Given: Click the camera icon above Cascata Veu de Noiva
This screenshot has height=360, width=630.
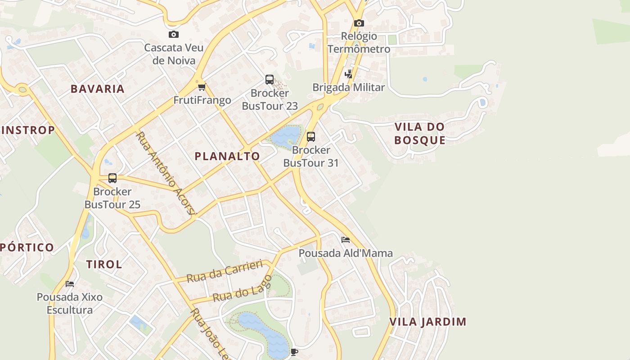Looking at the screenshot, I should pyautogui.click(x=173, y=34).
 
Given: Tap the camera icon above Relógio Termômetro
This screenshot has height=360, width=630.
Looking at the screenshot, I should pyautogui.click(x=359, y=23).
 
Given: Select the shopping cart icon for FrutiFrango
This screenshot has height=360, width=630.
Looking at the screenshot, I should pyautogui.click(x=202, y=87).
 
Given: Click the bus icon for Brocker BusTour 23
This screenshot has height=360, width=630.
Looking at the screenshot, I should pyautogui.click(x=270, y=80).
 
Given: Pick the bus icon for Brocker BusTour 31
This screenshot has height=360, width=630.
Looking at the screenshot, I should pyautogui.click(x=310, y=136).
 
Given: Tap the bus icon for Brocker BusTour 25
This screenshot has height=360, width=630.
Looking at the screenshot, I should pyautogui.click(x=112, y=178).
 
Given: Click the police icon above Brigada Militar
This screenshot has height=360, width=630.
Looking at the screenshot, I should pyautogui.click(x=348, y=74).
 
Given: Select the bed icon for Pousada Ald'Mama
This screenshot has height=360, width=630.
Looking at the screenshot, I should pyautogui.click(x=346, y=240).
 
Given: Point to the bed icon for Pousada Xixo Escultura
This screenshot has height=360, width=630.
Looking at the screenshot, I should pyautogui.click(x=70, y=283).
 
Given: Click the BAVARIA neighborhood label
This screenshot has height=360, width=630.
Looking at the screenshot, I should pyautogui.click(x=98, y=89).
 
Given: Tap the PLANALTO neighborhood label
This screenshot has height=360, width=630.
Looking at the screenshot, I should pyautogui.click(x=227, y=156).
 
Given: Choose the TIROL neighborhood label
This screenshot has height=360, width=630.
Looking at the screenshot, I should pyautogui.click(x=104, y=264).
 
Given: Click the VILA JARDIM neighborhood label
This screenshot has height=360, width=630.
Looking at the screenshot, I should pyautogui.click(x=427, y=322).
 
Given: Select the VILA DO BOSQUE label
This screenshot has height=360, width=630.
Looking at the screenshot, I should pyautogui.click(x=420, y=133).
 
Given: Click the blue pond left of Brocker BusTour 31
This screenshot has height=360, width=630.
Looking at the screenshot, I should pyautogui.click(x=286, y=136).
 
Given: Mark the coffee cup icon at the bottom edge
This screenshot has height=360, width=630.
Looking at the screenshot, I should pyautogui.click(x=294, y=352).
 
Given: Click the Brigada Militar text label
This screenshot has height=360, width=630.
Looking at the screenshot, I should pyautogui.click(x=349, y=87).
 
